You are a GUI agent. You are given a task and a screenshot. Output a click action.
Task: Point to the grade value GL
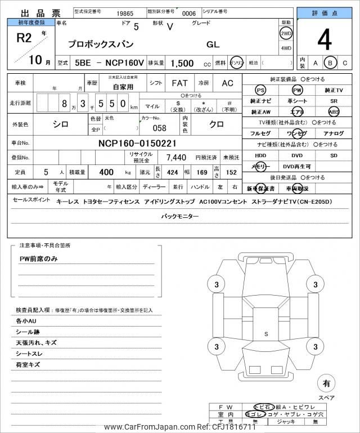[213, 44]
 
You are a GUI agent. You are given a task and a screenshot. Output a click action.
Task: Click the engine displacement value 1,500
[182, 63]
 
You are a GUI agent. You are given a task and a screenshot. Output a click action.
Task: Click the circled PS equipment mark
[260, 90]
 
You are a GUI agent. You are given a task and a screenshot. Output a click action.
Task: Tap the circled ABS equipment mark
[334, 111]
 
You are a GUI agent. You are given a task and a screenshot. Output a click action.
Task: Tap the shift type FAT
[179, 83]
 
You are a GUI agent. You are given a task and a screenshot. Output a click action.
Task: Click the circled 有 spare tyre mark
[326, 383]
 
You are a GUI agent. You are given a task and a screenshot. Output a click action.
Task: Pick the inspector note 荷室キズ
[28, 365]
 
